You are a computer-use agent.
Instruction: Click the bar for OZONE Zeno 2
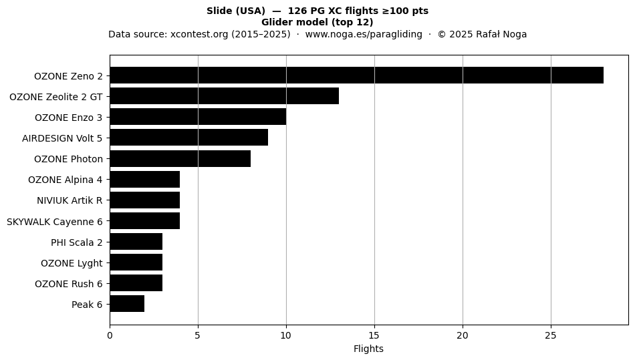click(x=357, y=75)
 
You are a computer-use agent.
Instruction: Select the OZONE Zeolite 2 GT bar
click(x=225, y=96)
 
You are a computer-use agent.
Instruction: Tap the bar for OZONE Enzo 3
click(x=198, y=117)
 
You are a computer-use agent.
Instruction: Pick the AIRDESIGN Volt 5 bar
click(x=189, y=138)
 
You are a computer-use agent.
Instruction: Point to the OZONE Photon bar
click(x=180, y=158)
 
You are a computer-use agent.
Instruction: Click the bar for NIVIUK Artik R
click(x=145, y=200)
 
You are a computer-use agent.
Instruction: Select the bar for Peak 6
click(x=127, y=304)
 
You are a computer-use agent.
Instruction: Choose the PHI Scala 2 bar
click(x=136, y=242)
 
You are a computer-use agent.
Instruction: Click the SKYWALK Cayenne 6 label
click(x=55, y=222)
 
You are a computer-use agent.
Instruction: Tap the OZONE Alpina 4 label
click(x=66, y=180)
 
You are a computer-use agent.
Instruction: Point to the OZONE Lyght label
click(x=72, y=263)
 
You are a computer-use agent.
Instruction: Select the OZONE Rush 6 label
click(x=69, y=284)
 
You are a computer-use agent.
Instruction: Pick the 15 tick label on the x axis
click(x=374, y=335)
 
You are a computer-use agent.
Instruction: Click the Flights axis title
click(x=368, y=349)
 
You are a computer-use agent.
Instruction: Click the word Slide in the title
click(x=219, y=11)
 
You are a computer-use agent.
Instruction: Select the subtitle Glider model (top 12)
click(x=317, y=22)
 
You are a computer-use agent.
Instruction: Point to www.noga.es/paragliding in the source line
click(x=364, y=34)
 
